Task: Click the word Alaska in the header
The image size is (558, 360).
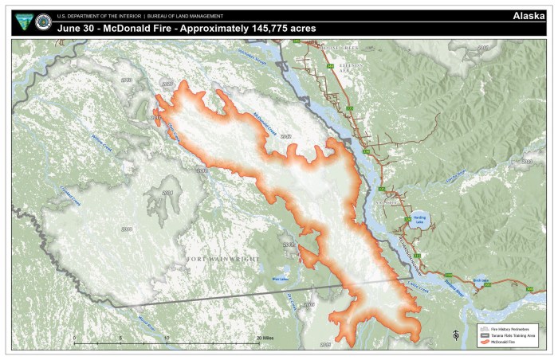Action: pos(528,16)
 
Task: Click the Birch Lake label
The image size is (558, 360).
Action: pos(480,280)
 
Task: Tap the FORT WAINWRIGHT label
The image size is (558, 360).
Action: pos(225,259)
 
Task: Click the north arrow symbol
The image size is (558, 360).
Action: pos(454,334)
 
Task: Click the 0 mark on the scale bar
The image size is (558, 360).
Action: pos(75,338)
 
